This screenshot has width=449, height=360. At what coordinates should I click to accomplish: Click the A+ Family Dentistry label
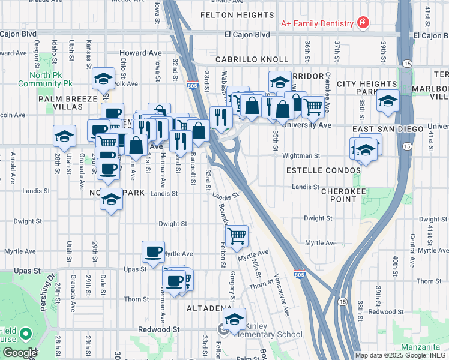[317, 23]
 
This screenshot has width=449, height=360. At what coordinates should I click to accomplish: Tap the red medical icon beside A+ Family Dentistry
[363, 23]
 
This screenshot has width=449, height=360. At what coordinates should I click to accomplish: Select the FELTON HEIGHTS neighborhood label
[237, 14]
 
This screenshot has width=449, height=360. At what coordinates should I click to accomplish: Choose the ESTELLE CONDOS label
[324, 170]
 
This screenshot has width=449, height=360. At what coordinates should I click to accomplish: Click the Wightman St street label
[300, 155]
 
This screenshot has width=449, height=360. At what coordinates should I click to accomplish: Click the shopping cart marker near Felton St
[237, 236]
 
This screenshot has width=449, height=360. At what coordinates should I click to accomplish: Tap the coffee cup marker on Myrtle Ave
[153, 251]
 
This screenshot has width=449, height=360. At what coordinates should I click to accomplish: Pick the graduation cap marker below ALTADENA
[235, 317]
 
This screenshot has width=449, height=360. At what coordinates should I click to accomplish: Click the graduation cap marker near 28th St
[64, 136]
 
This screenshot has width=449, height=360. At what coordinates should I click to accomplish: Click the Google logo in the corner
[19, 353]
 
